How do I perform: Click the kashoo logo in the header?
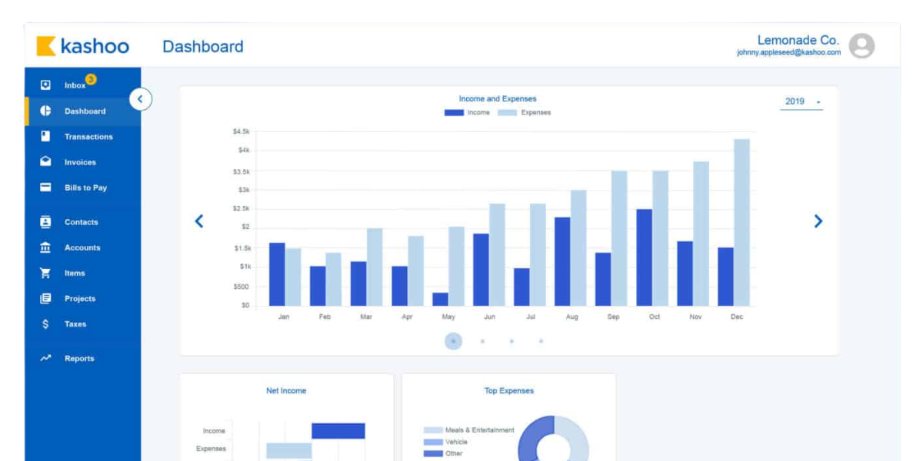pyautogui.click(x=83, y=46)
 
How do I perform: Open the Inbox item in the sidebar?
pyautogui.click(x=75, y=85)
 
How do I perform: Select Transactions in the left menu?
pyautogui.click(x=88, y=137)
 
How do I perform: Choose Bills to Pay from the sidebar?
pyautogui.click(x=85, y=187)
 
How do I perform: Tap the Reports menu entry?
pyautogui.click(x=78, y=359)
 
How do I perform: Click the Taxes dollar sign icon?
pyautogui.click(x=45, y=324)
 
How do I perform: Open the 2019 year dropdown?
pyautogui.click(x=802, y=101)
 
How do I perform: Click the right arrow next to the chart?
pyautogui.click(x=818, y=221)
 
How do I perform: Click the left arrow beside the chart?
pyautogui.click(x=199, y=221)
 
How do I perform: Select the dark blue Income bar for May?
pyautogui.click(x=440, y=299)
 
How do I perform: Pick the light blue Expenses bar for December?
pyautogui.click(x=741, y=223)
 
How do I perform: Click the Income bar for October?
pyautogui.click(x=645, y=257)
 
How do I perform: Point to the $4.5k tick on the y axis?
pyautogui.click(x=241, y=131)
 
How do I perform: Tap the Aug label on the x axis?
pyautogui.click(x=571, y=317)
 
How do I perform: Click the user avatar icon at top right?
pyautogui.click(x=861, y=46)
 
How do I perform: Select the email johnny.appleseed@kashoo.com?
pyautogui.click(x=788, y=53)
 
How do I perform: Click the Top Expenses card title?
pyautogui.click(x=508, y=390)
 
